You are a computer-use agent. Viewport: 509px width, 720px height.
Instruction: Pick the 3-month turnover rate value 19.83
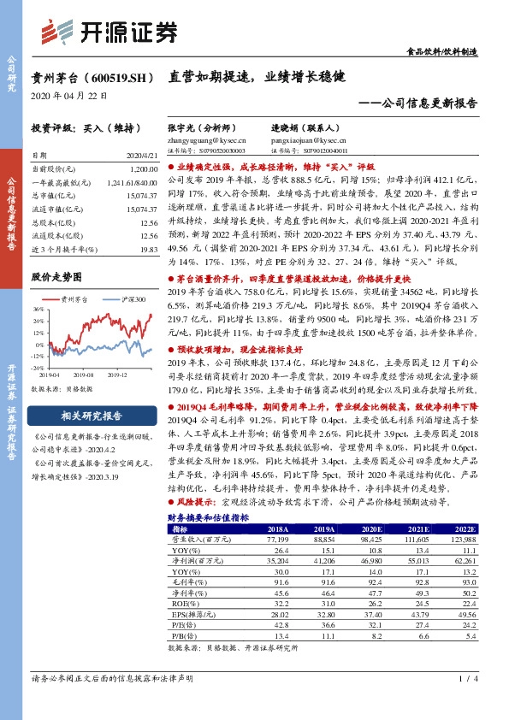150,249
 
